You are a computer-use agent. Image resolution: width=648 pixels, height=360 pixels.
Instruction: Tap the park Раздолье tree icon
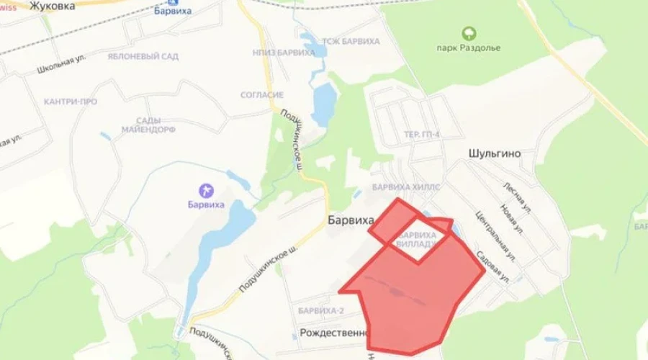coord(469,32)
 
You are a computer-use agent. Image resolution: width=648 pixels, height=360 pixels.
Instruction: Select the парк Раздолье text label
coord(469,48)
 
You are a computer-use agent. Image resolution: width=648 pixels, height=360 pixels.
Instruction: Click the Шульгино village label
coord(494,154)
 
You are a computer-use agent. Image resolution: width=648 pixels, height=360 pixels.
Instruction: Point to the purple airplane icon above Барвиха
coord(207,190)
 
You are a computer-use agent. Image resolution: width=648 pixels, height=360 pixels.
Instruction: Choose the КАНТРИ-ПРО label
coord(70,102)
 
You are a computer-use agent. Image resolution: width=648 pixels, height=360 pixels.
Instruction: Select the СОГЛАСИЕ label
coord(262,95)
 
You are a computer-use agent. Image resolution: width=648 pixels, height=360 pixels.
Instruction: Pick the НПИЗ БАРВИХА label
coord(284,53)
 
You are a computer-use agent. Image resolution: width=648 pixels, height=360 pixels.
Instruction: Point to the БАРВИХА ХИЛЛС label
coord(405,186)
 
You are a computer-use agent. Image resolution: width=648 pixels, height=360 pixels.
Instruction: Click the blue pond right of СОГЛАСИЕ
coord(325,104)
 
